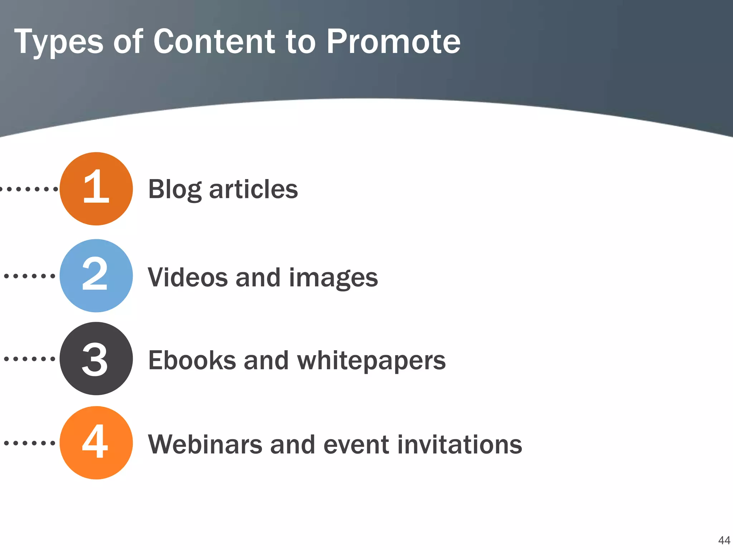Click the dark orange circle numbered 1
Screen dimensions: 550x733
coord(96,189)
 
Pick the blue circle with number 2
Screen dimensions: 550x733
coord(96,276)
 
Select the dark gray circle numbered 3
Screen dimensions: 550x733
coord(96,358)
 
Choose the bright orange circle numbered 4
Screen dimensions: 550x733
coord(96,443)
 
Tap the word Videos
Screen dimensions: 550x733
coord(188,278)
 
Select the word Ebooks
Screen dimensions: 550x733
coord(192,360)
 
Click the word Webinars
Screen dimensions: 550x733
coord(205,444)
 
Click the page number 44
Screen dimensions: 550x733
coord(724,540)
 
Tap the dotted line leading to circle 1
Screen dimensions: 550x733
coord(29,189)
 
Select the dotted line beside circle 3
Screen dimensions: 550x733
coord(29,358)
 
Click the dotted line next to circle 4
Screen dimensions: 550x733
coord(29,443)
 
